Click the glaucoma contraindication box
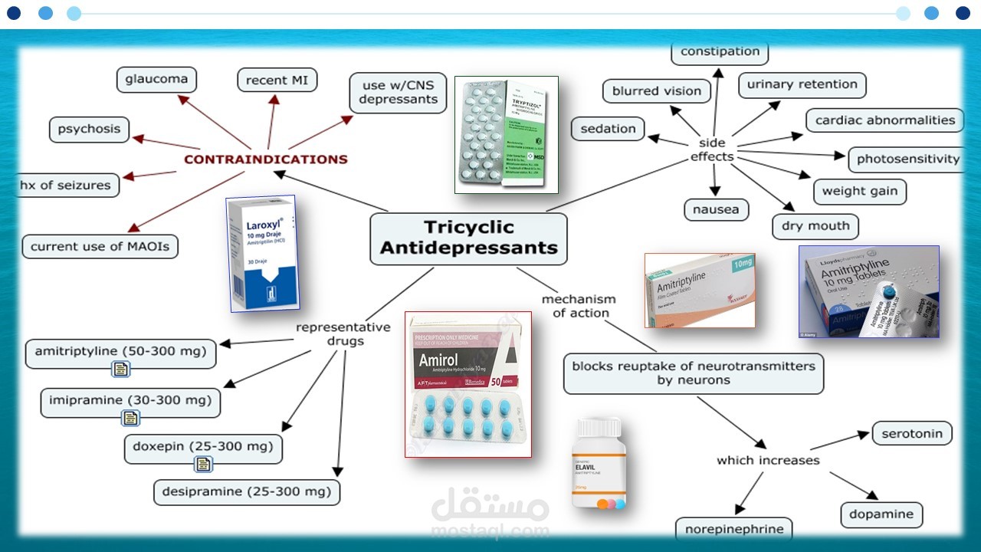(x=156, y=79)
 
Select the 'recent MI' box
(x=277, y=80)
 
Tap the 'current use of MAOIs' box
(x=100, y=246)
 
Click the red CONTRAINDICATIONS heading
(x=265, y=159)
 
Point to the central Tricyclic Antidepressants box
(x=468, y=238)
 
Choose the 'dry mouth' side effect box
(x=815, y=226)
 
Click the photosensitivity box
(x=907, y=159)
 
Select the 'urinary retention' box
(x=802, y=84)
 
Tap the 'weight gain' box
(x=859, y=191)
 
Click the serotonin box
(x=911, y=433)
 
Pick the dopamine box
(x=881, y=514)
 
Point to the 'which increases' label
(x=768, y=460)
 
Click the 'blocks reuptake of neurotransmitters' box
(x=694, y=373)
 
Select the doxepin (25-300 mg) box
(x=203, y=447)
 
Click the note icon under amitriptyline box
(x=120, y=370)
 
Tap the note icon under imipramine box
(x=130, y=418)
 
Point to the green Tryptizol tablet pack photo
(x=506, y=134)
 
